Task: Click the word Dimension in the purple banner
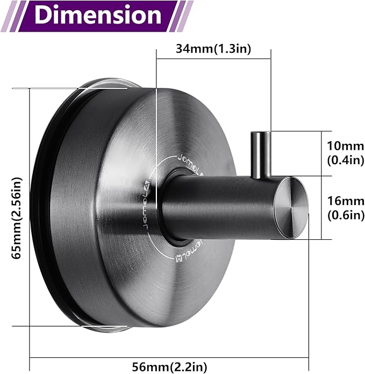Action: click(98, 15)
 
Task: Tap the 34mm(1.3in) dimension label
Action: click(213, 49)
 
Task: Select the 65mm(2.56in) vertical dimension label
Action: click(17, 218)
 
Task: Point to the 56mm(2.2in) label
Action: click(170, 366)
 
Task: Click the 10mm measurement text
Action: click(345, 146)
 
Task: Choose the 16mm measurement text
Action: click(346, 201)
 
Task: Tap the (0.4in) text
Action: click(346, 160)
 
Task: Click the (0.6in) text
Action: click(346, 215)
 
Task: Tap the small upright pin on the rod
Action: click(260, 155)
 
